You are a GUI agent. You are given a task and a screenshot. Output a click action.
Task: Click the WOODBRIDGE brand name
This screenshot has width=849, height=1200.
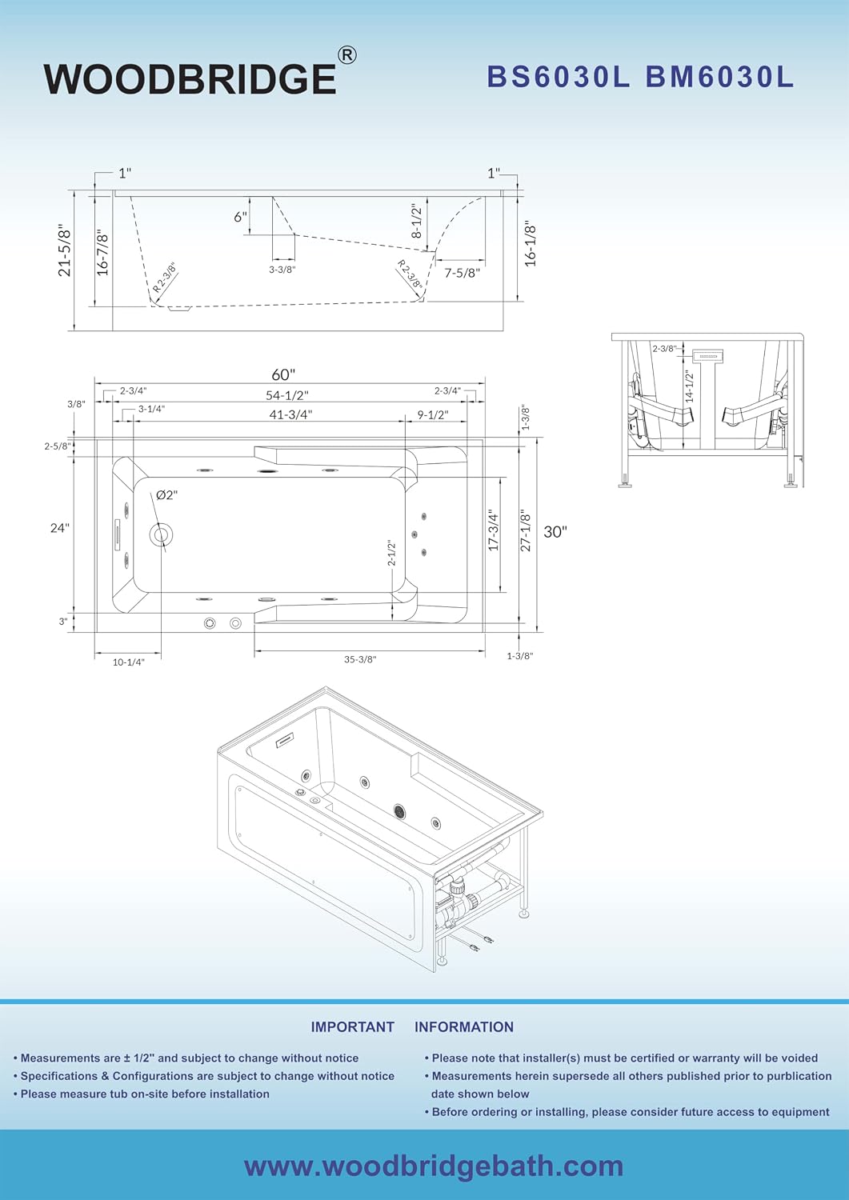[x=190, y=78]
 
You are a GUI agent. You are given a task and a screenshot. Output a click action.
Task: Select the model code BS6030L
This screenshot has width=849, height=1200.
[x=559, y=77]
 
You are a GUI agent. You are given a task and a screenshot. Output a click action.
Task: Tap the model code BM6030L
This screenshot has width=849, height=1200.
[x=719, y=77]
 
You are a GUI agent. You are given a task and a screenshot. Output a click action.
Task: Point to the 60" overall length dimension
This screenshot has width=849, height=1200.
[x=283, y=374]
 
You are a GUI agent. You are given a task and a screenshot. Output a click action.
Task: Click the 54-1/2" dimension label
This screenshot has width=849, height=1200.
[x=288, y=395]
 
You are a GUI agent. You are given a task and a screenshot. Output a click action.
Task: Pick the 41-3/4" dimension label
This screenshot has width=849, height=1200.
[x=290, y=414]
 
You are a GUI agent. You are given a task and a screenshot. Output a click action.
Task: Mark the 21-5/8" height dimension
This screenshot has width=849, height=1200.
[x=64, y=250]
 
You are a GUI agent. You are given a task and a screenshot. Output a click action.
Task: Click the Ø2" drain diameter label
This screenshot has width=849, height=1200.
[x=166, y=495]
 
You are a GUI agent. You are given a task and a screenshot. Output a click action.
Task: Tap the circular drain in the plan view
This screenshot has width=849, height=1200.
[x=160, y=534]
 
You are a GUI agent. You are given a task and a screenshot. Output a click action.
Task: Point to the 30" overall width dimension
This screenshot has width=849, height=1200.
[x=555, y=532]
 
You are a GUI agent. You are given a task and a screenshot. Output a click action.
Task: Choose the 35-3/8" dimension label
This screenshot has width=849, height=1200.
[x=360, y=659]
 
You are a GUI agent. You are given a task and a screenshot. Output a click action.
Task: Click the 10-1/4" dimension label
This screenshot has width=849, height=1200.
[x=129, y=662]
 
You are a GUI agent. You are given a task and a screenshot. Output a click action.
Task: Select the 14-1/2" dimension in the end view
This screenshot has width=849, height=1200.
[x=689, y=386]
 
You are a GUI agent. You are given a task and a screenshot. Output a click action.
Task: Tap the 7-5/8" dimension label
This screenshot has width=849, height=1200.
[x=462, y=273]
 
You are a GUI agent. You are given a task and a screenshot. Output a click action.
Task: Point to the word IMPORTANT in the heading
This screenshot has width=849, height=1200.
[x=353, y=1027]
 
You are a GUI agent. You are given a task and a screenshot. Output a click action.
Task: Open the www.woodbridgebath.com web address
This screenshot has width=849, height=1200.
[x=434, y=1166]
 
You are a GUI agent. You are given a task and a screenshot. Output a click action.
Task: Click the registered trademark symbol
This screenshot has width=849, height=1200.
[x=347, y=55]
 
